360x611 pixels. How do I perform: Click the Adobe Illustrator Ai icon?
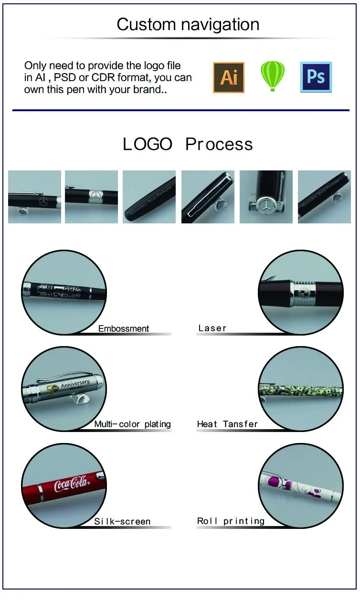(x=229, y=77)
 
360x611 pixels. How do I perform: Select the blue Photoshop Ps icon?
(x=316, y=77)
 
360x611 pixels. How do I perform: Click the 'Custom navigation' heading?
(x=188, y=24)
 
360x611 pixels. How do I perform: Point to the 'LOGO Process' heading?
(x=188, y=144)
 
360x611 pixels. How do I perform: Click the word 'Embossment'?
(x=124, y=328)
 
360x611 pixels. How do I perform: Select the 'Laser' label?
(x=212, y=328)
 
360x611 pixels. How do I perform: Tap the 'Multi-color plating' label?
(x=132, y=424)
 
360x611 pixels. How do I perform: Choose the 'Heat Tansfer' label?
(x=227, y=424)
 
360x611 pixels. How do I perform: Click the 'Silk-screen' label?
(x=122, y=521)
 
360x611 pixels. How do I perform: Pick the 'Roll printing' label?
(x=231, y=521)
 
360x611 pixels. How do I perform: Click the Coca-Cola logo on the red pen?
(x=72, y=485)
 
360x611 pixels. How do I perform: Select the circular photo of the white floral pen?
(x=301, y=486)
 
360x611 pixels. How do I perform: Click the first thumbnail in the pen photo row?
(x=34, y=197)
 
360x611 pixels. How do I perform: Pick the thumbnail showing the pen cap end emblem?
(x=266, y=197)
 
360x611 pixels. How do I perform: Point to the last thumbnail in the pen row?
(x=324, y=197)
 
